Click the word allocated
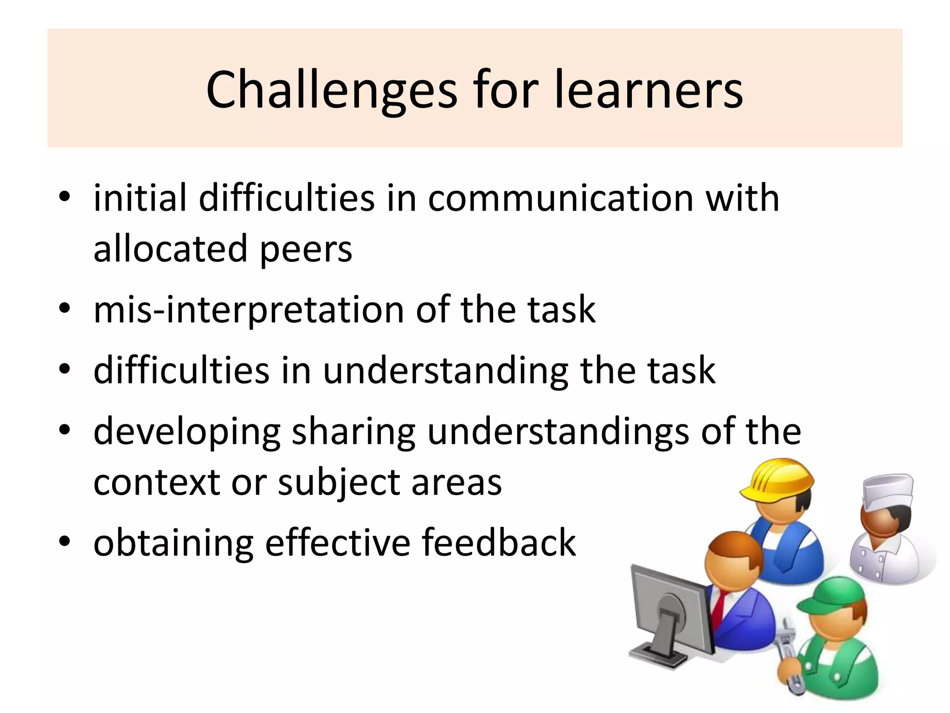[x=170, y=249]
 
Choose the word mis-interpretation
[x=249, y=310]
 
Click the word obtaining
[x=173, y=543]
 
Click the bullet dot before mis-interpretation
[x=64, y=308]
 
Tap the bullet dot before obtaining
[x=64, y=541]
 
